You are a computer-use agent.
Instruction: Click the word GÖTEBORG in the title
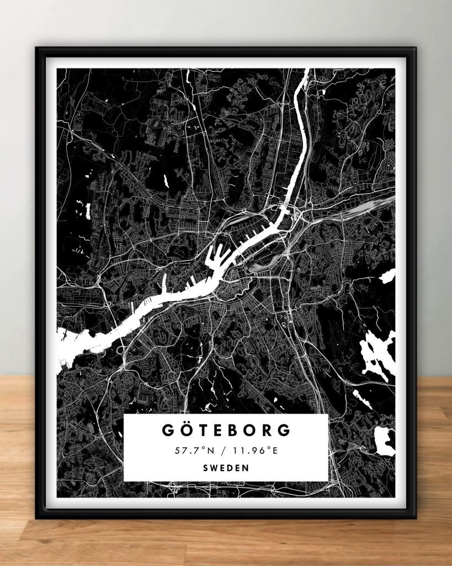tap(226, 429)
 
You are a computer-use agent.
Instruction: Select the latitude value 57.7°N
tap(190, 450)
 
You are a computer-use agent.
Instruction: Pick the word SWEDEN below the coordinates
tap(226, 468)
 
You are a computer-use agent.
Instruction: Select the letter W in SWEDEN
tap(214, 468)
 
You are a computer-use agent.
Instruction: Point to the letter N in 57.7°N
tap(205, 450)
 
